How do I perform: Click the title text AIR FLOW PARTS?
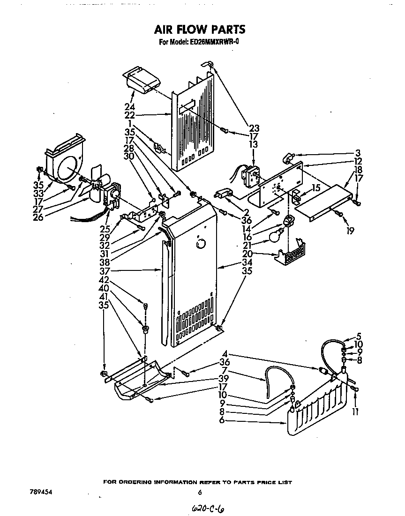[200, 30]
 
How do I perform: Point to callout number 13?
[254, 145]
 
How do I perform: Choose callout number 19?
[350, 231]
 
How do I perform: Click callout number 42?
[104, 280]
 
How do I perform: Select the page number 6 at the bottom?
[200, 493]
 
